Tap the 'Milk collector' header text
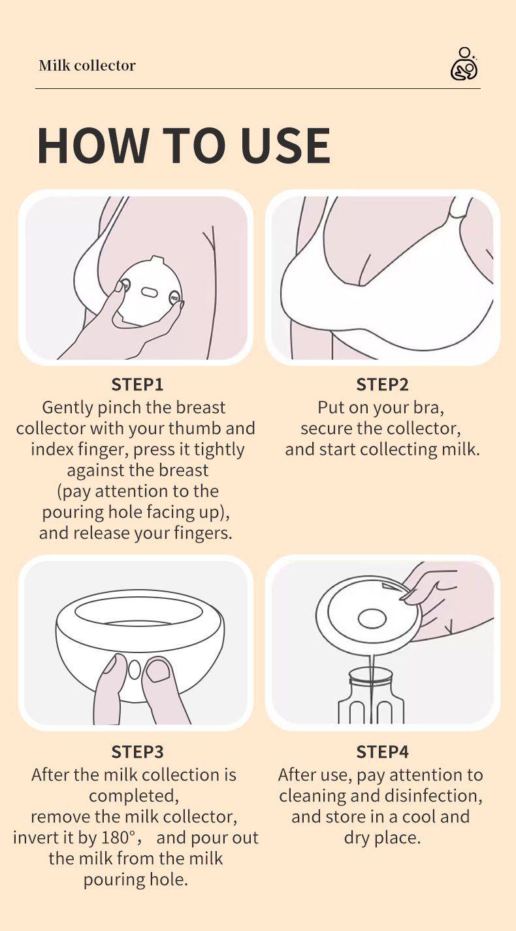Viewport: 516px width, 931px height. [x=87, y=65]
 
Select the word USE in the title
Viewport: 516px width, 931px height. [x=285, y=145]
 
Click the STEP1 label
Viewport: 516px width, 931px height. [x=137, y=384]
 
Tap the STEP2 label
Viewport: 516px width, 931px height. [x=382, y=384]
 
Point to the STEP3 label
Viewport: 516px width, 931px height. [x=137, y=752]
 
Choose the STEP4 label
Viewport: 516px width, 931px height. [x=382, y=752]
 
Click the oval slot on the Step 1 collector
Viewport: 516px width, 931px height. [x=149, y=292]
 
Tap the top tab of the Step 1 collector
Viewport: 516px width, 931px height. [x=157, y=260]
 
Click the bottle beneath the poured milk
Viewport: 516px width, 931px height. [x=371, y=695]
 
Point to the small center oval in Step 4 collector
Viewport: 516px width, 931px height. [x=372, y=618]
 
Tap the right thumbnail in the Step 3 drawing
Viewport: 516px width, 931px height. [x=158, y=670]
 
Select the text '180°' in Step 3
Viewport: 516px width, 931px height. [x=119, y=838]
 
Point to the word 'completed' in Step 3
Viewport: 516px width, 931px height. [x=131, y=796]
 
